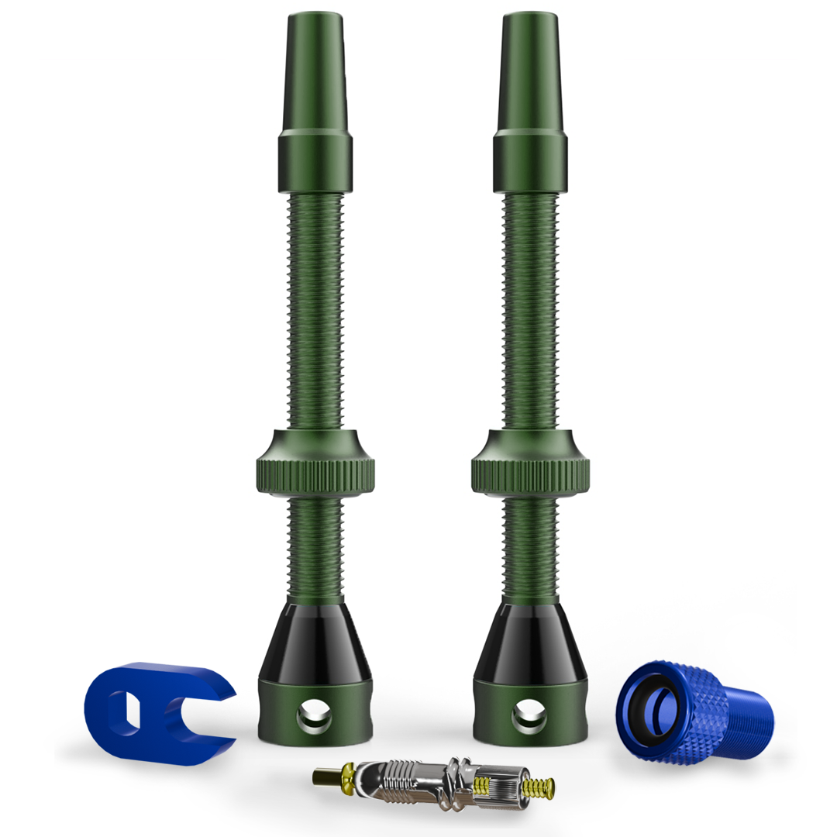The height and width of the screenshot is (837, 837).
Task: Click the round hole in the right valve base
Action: (x=530, y=717)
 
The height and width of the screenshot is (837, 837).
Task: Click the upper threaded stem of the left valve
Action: (x=315, y=310)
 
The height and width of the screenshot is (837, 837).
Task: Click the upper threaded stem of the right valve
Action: (x=529, y=310)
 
